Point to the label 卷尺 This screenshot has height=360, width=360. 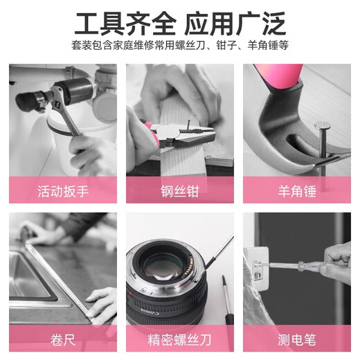(63, 340)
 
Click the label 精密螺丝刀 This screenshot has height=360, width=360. (179, 340)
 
